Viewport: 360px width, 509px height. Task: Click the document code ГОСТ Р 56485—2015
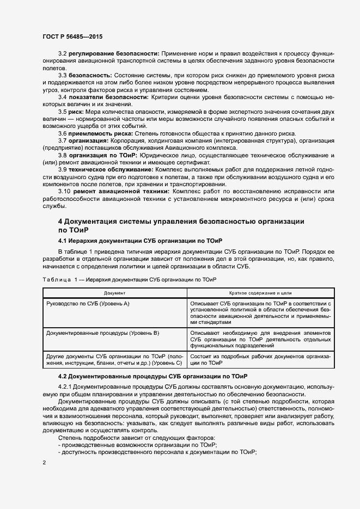[x=72, y=36]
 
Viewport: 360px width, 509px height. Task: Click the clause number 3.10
[x=65, y=192]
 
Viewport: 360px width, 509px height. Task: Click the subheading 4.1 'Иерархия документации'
[x=139, y=240]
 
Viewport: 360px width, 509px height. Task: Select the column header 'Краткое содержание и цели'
[x=260, y=292]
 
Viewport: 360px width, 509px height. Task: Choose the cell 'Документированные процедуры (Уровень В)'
[x=102, y=332]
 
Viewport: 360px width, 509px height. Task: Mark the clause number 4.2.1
[x=65, y=386]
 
